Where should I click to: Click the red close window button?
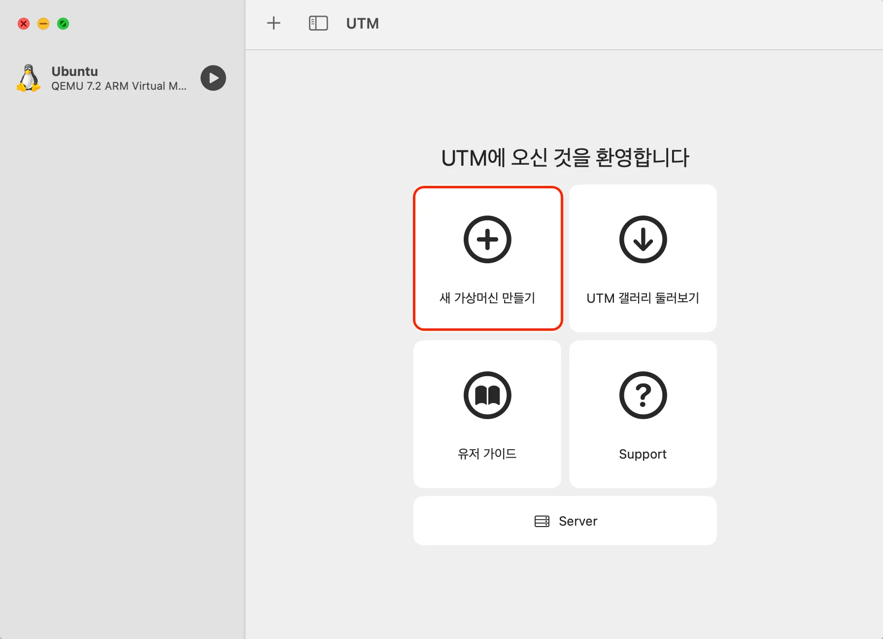[24, 24]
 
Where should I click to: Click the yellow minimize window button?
[43, 24]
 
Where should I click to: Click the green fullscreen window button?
[63, 24]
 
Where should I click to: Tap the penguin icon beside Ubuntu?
[29, 78]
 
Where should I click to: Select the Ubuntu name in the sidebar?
[75, 71]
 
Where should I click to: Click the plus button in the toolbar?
[273, 23]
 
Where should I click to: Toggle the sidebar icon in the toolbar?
[318, 23]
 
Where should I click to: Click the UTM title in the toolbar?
[363, 24]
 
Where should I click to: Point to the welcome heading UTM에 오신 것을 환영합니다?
[565, 158]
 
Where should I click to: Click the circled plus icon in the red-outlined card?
[487, 240]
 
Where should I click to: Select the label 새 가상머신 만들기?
[487, 298]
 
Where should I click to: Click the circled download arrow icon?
[643, 240]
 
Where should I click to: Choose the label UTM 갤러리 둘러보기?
[643, 298]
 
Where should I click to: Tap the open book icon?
[487, 395]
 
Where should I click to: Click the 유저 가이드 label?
[487, 454]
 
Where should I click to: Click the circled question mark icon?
[643, 395]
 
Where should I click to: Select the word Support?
[643, 454]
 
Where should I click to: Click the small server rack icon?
[542, 521]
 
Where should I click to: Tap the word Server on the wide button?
[578, 521]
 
